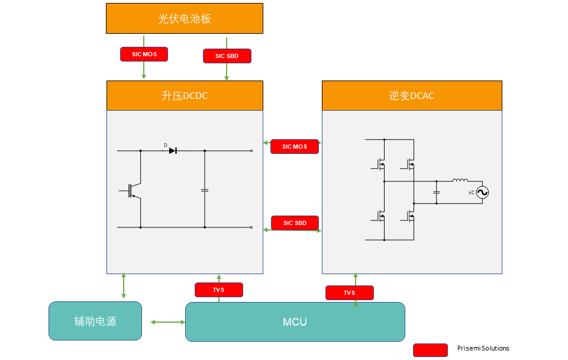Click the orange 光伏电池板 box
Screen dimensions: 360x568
click(x=185, y=18)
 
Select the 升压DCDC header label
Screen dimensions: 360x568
click(x=185, y=96)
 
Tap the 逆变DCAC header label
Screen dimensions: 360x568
click(x=412, y=96)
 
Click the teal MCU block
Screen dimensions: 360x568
click(x=295, y=322)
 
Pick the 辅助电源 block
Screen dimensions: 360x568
click(x=95, y=321)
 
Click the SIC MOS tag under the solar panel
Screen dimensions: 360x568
click(x=144, y=54)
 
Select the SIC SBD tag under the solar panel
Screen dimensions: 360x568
click(x=227, y=56)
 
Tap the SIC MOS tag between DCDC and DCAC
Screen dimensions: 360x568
click(x=295, y=146)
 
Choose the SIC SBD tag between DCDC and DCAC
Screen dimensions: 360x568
click(x=295, y=223)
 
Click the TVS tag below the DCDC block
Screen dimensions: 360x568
click(x=219, y=290)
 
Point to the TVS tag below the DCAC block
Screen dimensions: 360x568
click(x=350, y=292)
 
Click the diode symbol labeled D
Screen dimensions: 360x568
click(x=173, y=150)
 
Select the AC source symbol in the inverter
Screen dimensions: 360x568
click(x=482, y=192)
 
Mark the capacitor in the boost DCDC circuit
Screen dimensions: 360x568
click(x=205, y=190)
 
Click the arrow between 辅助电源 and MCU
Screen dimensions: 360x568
click(x=168, y=322)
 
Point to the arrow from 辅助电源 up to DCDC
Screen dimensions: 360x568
click(x=124, y=285)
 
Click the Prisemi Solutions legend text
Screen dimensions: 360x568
click(x=483, y=348)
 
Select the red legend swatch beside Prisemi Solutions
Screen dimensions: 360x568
click(x=430, y=350)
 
